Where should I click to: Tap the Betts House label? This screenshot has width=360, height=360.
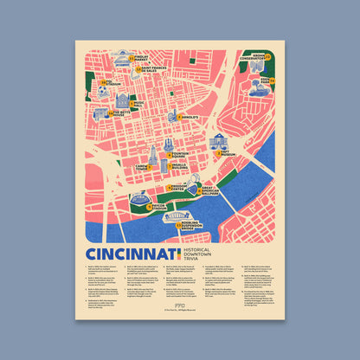pos(120,113)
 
